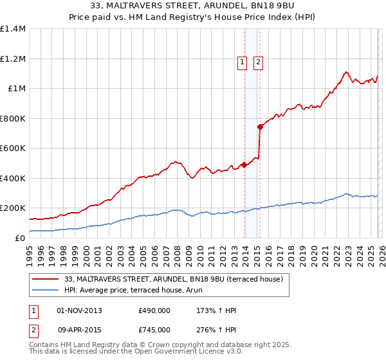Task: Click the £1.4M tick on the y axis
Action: tap(13, 29)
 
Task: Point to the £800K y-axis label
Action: tap(13, 118)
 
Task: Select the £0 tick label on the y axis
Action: tap(21, 238)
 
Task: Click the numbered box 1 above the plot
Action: tap(242, 62)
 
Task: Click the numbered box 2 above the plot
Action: tap(258, 62)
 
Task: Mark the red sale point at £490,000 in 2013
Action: tap(244, 165)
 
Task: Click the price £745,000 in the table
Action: tap(154, 329)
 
